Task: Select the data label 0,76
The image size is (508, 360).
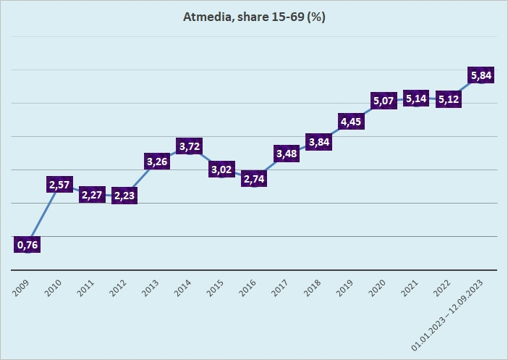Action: point(27,245)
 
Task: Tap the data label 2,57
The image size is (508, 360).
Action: point(61,185)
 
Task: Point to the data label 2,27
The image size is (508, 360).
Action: point(93,195)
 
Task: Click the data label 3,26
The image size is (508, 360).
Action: point(157,162)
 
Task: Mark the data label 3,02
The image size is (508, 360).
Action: point(224,169)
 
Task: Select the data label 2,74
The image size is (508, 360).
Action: point(255,179)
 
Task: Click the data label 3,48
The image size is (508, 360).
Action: point(287,154)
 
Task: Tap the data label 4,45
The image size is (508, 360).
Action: point(352,121)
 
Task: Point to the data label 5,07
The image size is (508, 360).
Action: point(384,101)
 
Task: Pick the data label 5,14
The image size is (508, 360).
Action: point(418,99)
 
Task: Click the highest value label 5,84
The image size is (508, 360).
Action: point(481,75)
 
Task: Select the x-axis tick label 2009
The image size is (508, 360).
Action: point(22,288)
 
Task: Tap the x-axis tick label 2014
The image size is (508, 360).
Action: point(185,288)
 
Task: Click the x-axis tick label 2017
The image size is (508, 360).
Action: point(281,288)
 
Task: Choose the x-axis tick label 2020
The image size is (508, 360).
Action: point(378,288)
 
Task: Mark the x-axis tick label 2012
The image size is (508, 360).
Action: point(119,288)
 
